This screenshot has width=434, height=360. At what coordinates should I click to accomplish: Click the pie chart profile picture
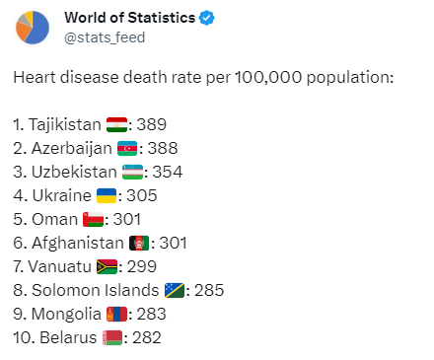click(x=33, y=28)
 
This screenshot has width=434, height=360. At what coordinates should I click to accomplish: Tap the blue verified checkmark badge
click(x=207, y=18)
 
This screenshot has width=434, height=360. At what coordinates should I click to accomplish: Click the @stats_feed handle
click(x=105, y=37)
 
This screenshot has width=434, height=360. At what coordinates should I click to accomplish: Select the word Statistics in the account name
click(x=161, y=18)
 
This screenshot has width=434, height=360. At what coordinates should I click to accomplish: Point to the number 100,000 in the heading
click(x=268, y=78)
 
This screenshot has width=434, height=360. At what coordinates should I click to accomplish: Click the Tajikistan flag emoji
click(x=116, y=125)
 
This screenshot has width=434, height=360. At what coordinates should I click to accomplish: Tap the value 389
click(x=152, y=124)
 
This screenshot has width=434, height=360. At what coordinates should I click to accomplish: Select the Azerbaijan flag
click(x=127, y=149)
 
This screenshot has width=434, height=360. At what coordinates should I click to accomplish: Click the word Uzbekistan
click(x=74, y=172)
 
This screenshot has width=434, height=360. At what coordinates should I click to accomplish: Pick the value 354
click(x=168, y=172)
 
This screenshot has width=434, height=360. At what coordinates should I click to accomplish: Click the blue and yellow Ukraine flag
click(x=107, y=196)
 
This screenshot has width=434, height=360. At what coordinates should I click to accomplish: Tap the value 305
click(x=142, y=195)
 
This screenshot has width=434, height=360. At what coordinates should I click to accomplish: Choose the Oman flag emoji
click(x=93, y=220)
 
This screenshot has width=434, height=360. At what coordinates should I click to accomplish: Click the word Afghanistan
click(x=78, y=244)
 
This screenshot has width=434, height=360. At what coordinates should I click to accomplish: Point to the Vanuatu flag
click(x=107, y=267)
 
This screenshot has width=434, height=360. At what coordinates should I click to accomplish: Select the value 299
click(x=142, y=266)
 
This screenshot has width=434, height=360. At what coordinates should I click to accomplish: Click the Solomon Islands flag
click(x=175, y=291)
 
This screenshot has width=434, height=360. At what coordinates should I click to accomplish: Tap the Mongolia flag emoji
click(x=116, y=315)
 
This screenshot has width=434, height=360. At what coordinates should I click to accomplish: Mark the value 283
click(x=152, y=314)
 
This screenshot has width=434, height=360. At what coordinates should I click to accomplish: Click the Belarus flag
click(x=112, y=338)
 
